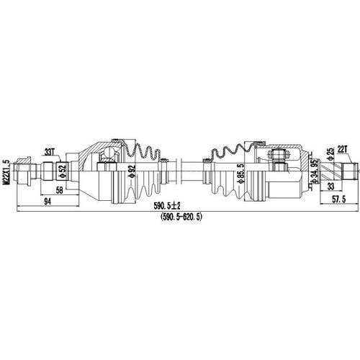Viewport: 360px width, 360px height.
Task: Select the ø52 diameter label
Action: pos(63,171)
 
